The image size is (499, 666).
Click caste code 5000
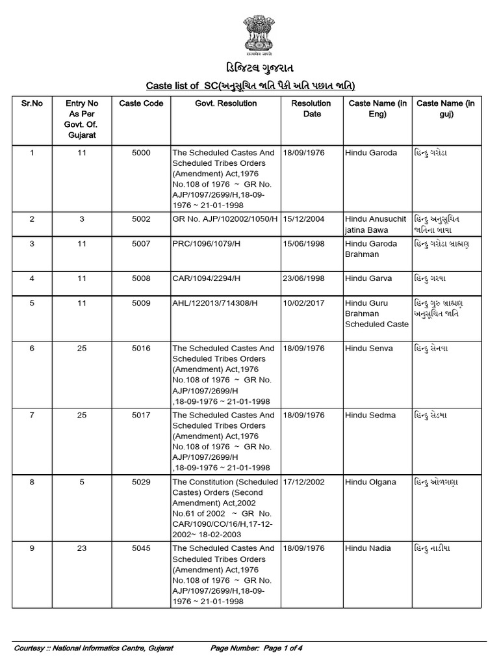click(141, 153)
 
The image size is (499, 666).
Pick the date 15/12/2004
click(304, 219)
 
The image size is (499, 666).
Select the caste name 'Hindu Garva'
click(368, 278)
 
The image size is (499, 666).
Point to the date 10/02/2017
click(304, 304)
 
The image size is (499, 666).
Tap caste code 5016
click(141, 348)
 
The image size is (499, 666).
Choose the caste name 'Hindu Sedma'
click(370, 415)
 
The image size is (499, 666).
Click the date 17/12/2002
click(304, 482)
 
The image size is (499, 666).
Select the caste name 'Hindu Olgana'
click(370, 482)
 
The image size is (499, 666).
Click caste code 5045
click(141, 548)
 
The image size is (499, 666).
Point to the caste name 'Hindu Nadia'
click(368, 548)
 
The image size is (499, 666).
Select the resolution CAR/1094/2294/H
click(204, 278)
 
